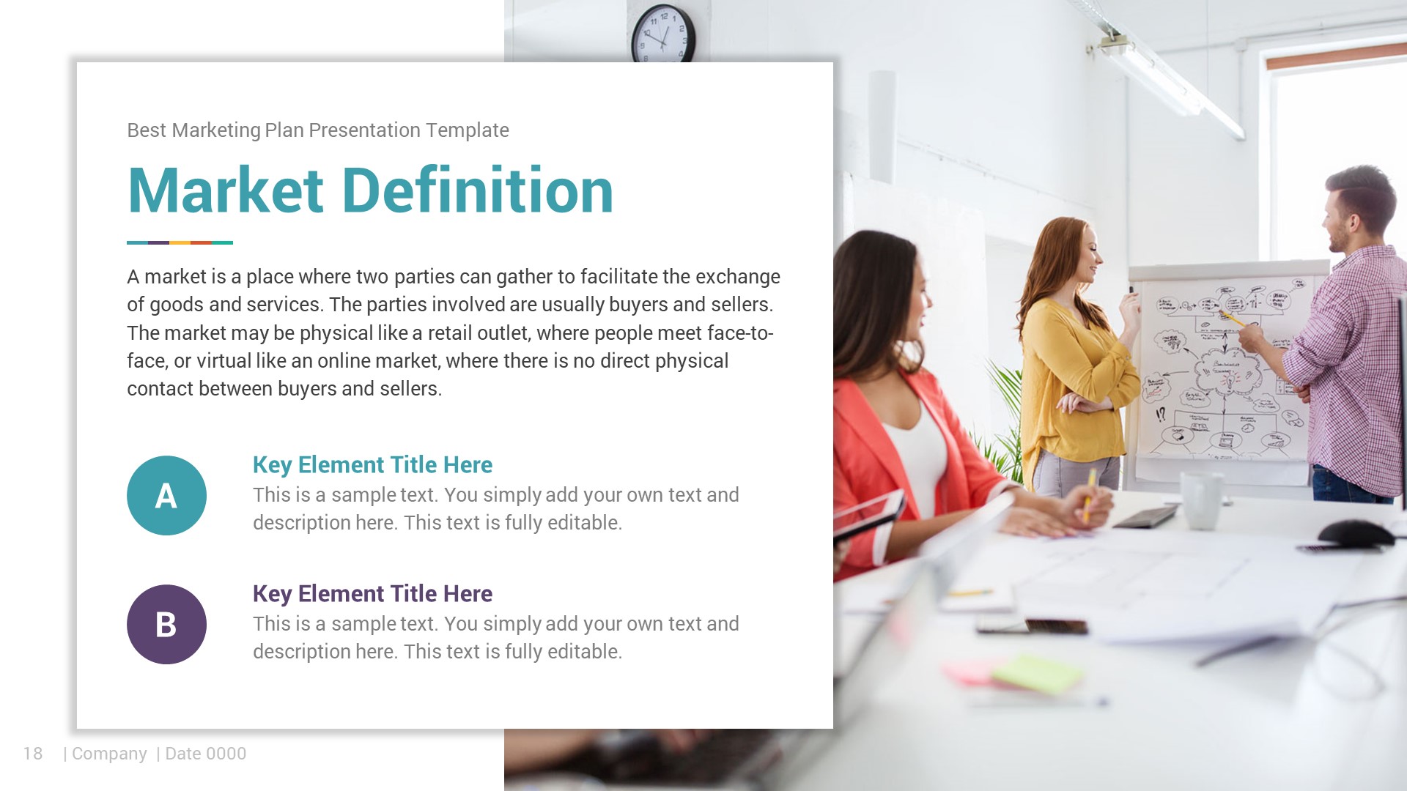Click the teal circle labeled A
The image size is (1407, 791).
pos(166,496)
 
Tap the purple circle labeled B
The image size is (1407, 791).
pos(166,625)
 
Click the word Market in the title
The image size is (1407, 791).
pos(226,191)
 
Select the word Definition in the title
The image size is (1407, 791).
pos(478,191)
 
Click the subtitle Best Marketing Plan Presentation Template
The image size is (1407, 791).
pos(317,130)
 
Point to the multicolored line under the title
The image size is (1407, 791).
pos(180,242)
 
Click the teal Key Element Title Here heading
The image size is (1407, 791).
pos(372,465)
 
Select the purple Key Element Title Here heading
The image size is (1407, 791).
pos(372,594)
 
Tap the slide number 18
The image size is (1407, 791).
pos(33,754)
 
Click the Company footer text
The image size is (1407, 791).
pos(109,754)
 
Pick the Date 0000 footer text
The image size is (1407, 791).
pos(205,754)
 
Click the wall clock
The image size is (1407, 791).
pos(662,34)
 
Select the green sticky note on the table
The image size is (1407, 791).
pos(1037,672)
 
